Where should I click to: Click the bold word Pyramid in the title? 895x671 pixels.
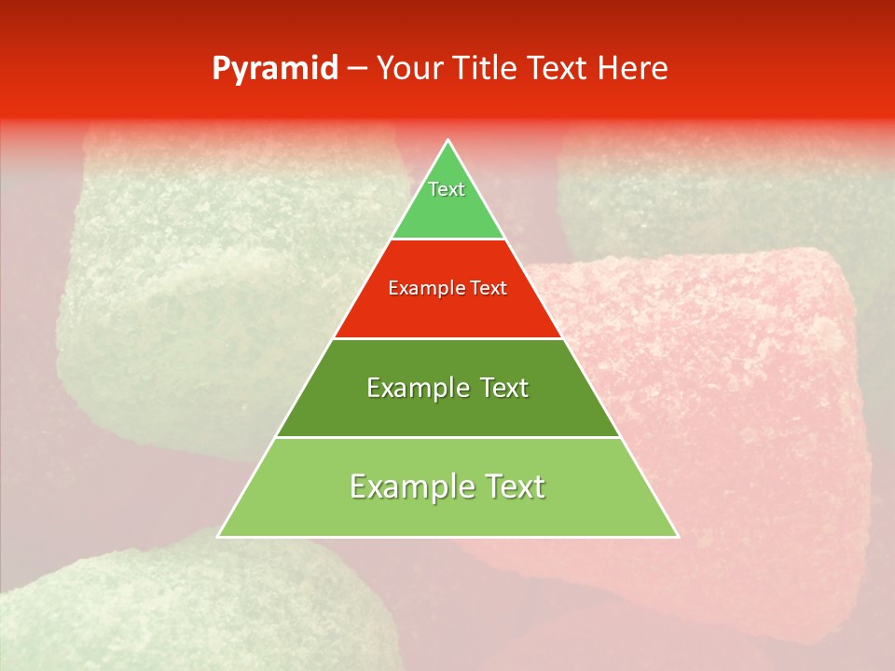coord(274,69)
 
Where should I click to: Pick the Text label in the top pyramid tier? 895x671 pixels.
coord(447,189)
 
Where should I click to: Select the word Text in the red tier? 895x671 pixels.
coord(489,289)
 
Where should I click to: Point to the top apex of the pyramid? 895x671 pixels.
coord(447,141)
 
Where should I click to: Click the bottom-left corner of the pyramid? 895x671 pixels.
coord(219,536)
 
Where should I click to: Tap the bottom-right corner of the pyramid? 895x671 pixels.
coord(677,536)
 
